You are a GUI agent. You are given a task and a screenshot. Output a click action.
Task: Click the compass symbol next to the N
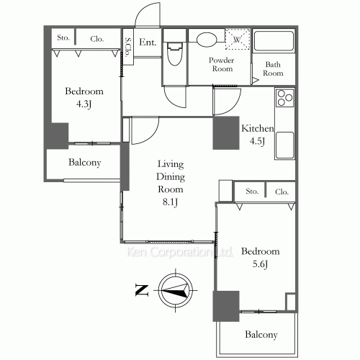(x=176, y=290)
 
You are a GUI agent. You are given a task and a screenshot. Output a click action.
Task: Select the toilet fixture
(x=174, y=54)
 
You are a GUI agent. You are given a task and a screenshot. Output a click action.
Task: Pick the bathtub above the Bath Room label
(x=273, y=44)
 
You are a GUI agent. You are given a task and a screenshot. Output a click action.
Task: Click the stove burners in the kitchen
(x=284, y=97)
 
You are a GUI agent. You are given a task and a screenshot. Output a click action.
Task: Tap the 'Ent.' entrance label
(x=148, y=42)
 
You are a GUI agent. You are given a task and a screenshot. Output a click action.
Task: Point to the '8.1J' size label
(x=171, y=203)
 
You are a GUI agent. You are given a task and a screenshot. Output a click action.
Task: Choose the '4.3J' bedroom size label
(x=84, y=105)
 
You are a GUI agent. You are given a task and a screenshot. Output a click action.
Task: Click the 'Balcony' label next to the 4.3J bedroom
(x=84, y=163)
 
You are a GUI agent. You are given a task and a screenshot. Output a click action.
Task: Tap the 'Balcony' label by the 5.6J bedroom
(x=260, y=335)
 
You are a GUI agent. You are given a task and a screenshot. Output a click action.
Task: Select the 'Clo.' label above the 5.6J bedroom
(x=281, y=192)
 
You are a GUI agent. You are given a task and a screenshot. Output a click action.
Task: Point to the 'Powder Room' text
(x=221, y=65)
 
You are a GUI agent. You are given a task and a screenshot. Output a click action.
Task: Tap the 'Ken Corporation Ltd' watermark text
(x=179, y=253)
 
